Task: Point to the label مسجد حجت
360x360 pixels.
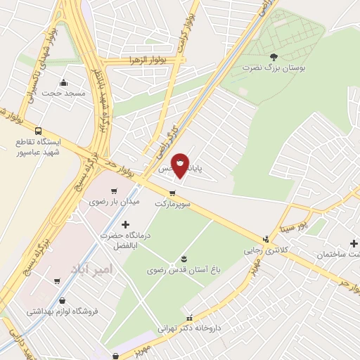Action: (x=63, y=93)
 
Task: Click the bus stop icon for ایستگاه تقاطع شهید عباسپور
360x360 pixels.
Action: (x=38, y=131)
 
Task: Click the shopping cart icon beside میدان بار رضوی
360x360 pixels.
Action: (x=113, y=190)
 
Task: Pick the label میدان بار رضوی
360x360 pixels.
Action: (x=115, y=201)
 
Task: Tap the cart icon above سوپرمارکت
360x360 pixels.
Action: (x=172, y=193)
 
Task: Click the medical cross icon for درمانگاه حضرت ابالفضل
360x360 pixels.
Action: (x=126, y=225)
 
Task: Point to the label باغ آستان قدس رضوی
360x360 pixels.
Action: (x=183, y=269)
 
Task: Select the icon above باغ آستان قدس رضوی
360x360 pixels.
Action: (x=184, y=258)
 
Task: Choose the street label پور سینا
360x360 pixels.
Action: (x=293, y=228)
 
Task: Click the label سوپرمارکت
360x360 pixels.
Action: (x=173, y=203)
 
